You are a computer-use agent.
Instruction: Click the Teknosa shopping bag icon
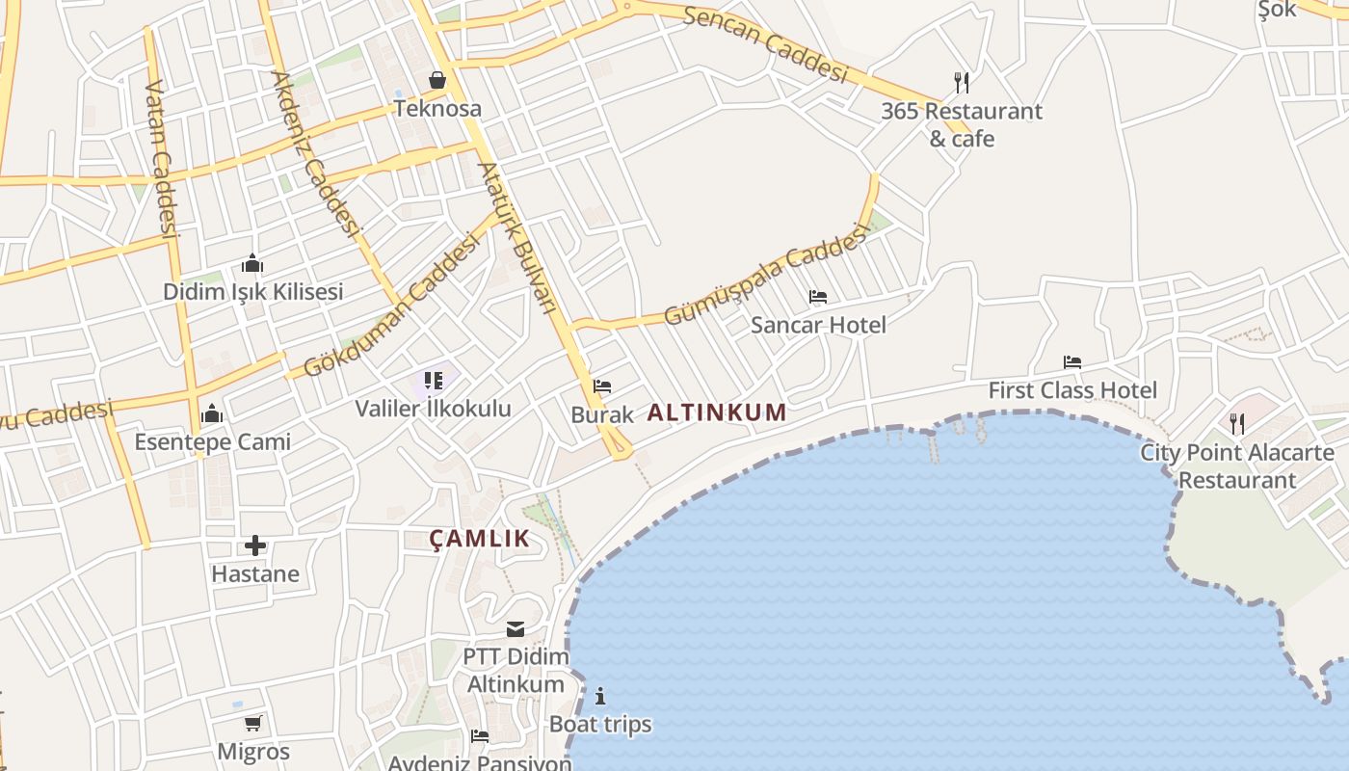437,80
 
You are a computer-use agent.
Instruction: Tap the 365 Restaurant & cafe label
962,124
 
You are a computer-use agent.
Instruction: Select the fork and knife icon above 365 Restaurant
961,82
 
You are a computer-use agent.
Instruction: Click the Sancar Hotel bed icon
818,297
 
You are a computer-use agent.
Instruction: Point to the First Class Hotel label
1072,390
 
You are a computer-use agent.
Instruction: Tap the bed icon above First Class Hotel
1072,362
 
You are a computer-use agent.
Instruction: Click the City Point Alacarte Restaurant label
1237,465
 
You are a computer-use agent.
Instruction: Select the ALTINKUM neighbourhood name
717,412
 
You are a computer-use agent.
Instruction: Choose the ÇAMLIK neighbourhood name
480,539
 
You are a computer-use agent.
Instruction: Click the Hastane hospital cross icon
255,545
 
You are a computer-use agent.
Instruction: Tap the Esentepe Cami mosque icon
212,414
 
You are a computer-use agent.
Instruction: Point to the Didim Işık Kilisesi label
252,291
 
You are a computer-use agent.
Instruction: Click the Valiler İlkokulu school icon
434,381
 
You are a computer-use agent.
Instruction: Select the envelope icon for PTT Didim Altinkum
516,629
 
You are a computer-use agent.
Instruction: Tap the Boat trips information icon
600,696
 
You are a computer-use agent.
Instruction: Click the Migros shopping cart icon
253,723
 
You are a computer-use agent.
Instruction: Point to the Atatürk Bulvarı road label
517,237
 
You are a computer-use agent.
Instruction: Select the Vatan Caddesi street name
161,159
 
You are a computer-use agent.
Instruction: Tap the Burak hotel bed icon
602,386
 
